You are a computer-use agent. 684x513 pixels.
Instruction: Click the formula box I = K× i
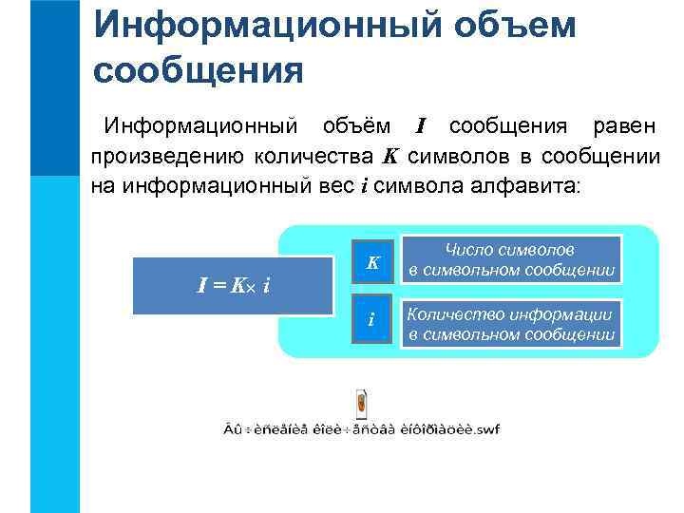(x=233, y=285)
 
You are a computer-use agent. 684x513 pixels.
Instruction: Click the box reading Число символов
(x=511, y=259)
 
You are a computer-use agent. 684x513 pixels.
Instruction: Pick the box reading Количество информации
(x=511, y=324)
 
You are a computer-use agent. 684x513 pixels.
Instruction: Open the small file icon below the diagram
(x=361, y=405)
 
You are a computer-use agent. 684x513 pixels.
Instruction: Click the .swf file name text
(x=361, y=429)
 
